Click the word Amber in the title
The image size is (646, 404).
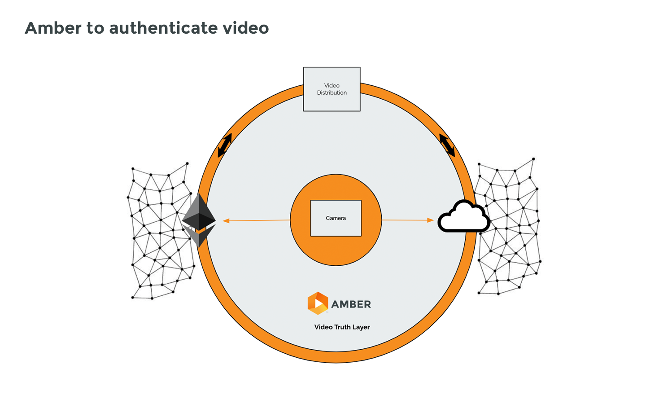point(53,28)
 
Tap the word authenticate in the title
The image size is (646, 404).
point(163,28)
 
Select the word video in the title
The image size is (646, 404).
point(246,28)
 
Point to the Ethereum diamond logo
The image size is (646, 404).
point(199,220)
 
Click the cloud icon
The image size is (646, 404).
point(464,217)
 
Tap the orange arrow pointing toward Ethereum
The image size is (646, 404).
point(256,220)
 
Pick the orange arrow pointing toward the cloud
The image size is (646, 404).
point(408,220)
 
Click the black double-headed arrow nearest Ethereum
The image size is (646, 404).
point(225,145)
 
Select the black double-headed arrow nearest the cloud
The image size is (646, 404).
point(447,145)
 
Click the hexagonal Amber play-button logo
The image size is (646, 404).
point(318,303)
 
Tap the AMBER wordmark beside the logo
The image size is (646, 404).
point(351,304)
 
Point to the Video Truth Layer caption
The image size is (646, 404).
point(342,327)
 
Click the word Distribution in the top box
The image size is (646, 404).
point(332,93)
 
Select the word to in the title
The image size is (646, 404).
point(95,28)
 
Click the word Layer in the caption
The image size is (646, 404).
point(361,327)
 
